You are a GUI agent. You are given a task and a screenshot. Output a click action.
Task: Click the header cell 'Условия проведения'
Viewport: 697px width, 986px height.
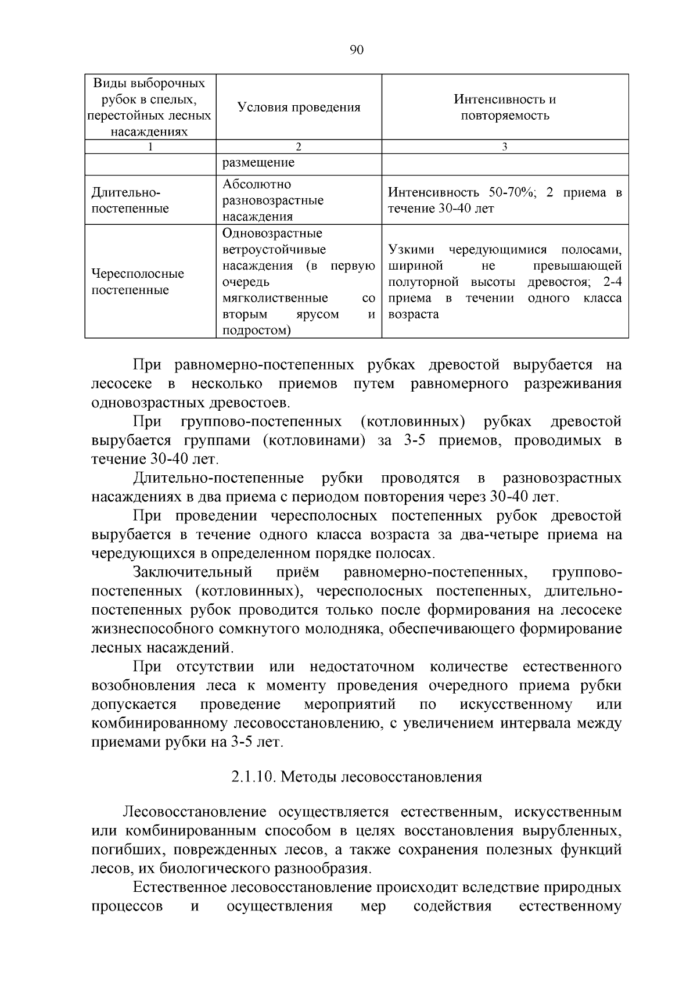(x=299, y=107)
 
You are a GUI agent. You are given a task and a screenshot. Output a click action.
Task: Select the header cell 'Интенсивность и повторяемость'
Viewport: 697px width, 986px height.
(x=505, y=107)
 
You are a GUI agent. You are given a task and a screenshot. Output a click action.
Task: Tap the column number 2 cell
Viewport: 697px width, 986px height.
(x=299, y=147)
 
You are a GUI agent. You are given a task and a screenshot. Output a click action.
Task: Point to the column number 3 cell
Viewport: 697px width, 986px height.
(x=505, y=147)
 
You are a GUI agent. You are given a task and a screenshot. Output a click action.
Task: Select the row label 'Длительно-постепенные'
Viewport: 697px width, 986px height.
(x=131, y=200)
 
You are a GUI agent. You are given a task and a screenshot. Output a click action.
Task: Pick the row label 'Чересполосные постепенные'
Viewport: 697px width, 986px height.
(x=138, y=282)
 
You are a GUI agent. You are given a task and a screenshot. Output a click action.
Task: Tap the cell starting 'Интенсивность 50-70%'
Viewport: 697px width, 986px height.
(x=505, y=200)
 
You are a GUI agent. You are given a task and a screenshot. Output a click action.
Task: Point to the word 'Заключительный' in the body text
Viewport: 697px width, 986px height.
(x=192, y=572)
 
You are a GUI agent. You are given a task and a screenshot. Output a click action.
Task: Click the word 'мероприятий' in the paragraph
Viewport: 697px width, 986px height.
(x=350, y=705)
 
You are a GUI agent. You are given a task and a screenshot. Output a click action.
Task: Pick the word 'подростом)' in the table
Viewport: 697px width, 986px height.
(x=257, y=331)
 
